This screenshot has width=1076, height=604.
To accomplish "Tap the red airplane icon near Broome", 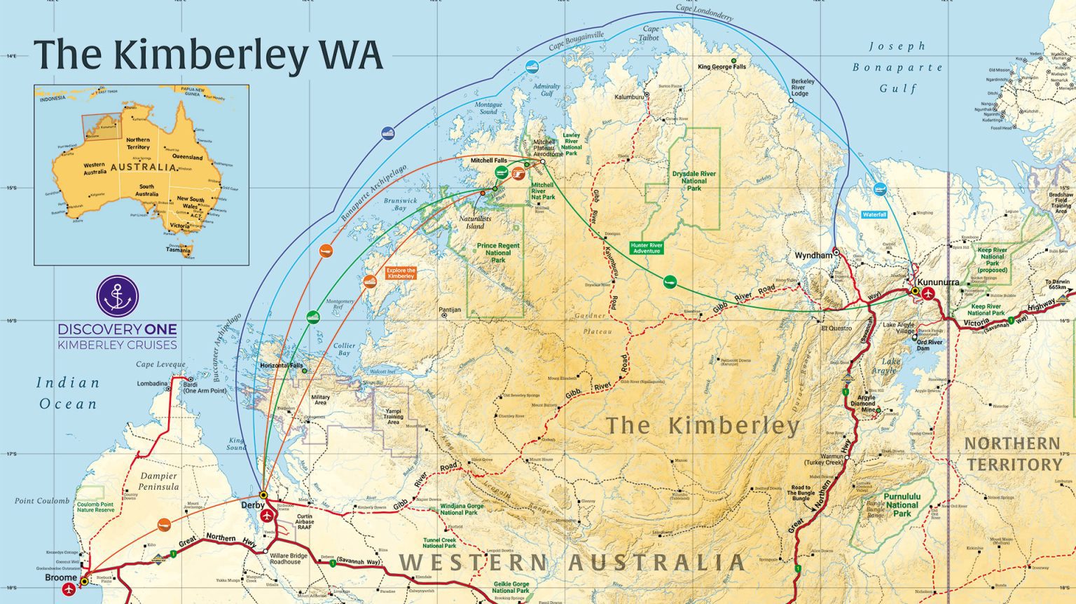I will point(69,589).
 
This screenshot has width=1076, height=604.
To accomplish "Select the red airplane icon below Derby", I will point(267,516).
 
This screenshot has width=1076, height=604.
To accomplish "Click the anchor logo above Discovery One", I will point(118,296).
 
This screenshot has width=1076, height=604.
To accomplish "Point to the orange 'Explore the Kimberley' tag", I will point(401,273).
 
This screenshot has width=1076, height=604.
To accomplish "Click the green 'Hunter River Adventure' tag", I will point(647,248).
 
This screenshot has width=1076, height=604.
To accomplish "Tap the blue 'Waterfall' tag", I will point(874,214).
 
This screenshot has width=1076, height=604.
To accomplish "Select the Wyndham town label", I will point(813,256).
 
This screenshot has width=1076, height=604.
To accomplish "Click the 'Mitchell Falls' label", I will point(488,160).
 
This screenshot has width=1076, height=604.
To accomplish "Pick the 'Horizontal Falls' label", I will point(282,366).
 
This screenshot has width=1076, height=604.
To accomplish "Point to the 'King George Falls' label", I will point(722,67).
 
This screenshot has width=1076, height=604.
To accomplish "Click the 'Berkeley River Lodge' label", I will point(803,88).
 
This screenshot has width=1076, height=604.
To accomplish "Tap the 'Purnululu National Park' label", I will point(902,505).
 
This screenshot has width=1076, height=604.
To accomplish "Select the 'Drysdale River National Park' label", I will point(694,181).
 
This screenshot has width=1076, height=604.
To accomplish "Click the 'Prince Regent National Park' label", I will point(498,253).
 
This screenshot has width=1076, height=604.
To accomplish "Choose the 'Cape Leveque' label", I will point(160,364).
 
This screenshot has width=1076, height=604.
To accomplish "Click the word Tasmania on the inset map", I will point(178,250).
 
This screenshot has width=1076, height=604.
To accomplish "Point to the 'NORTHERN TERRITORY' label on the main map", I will point(1012,453).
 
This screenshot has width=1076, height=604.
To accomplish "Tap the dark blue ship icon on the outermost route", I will point(387,133).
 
